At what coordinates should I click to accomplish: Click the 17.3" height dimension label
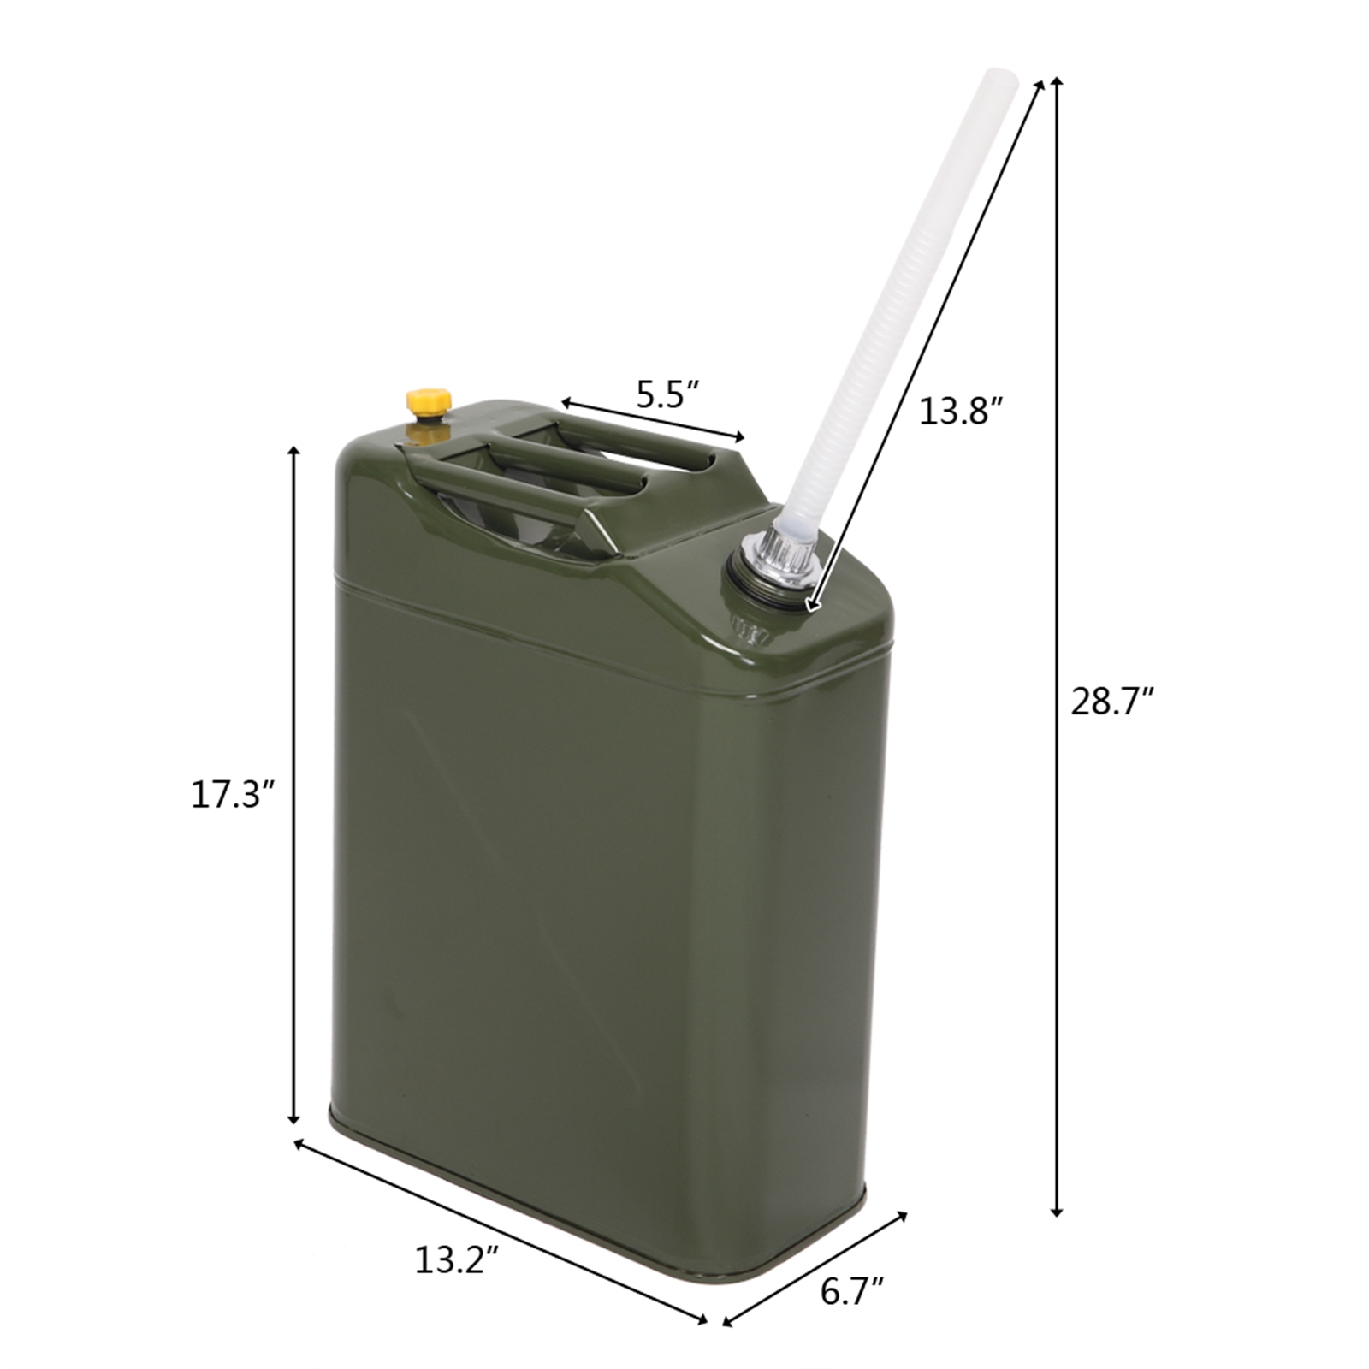[x=231, y=796]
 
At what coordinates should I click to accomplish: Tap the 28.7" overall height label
[x=1113, y=702]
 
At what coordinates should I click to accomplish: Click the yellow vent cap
[x=427, y=401]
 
